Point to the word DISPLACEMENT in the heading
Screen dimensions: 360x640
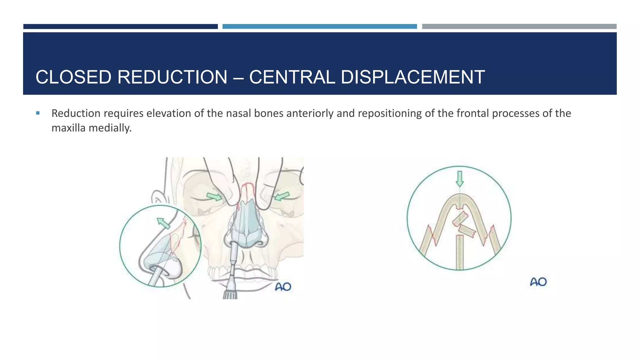coord(413,77)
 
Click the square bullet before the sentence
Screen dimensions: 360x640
coord(38,113)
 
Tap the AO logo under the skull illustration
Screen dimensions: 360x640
coord(283,287)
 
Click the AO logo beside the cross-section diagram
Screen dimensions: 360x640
coord(538,282)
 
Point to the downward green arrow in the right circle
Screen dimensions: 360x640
coord(459,178)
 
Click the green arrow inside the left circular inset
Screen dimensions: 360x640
coord(163,223)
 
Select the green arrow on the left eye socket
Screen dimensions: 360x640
coord(214,197)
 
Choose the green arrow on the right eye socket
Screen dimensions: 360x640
coord(282,196)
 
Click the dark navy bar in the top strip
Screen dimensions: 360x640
coord(120,27)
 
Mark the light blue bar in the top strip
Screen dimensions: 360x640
coord(319,27)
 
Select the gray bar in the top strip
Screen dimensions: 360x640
coord(519,27)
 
